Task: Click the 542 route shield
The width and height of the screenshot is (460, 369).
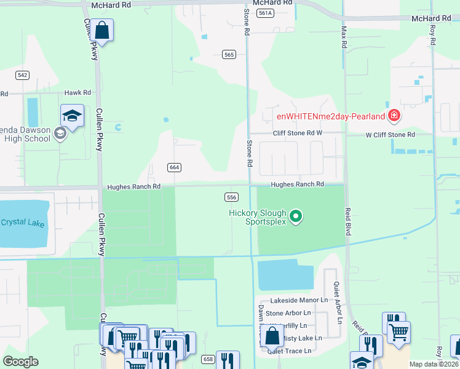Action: [23, 74]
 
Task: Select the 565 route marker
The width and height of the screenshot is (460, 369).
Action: [229, 55]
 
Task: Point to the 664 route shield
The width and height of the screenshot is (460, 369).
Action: [174, 167]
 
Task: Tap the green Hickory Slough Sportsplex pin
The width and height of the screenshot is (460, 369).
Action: [296, 216]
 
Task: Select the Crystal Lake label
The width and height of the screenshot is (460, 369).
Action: [22, 223]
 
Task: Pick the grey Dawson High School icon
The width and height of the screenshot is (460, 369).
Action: [60, 133]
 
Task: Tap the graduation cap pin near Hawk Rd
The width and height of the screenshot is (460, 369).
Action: [72, 116]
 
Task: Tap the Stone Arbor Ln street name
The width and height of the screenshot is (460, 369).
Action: [288, 313]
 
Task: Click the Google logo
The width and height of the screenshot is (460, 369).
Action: [20, 362]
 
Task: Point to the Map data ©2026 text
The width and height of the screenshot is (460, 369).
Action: [434, 364]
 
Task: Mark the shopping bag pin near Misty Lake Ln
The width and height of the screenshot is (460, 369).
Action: [272, 337]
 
